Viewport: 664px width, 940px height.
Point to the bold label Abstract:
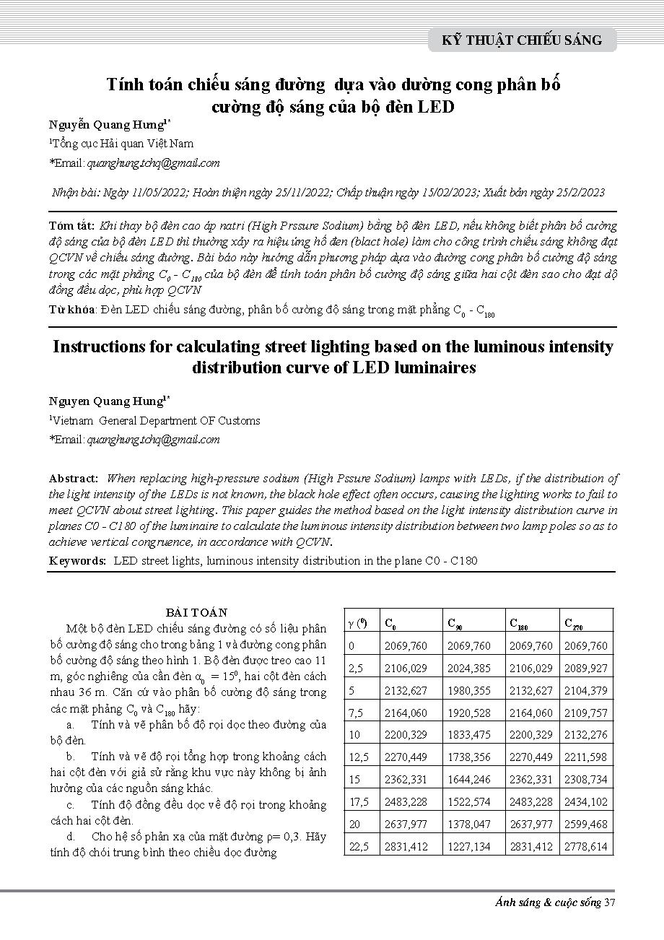point(74,478)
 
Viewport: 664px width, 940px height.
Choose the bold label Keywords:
point(78,560)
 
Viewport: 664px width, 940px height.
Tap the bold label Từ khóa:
point(73,310)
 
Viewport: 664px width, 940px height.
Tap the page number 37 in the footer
point(610,902)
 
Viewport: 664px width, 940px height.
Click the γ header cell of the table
point(358,622)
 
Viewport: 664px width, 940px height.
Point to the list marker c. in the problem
point(70,804)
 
